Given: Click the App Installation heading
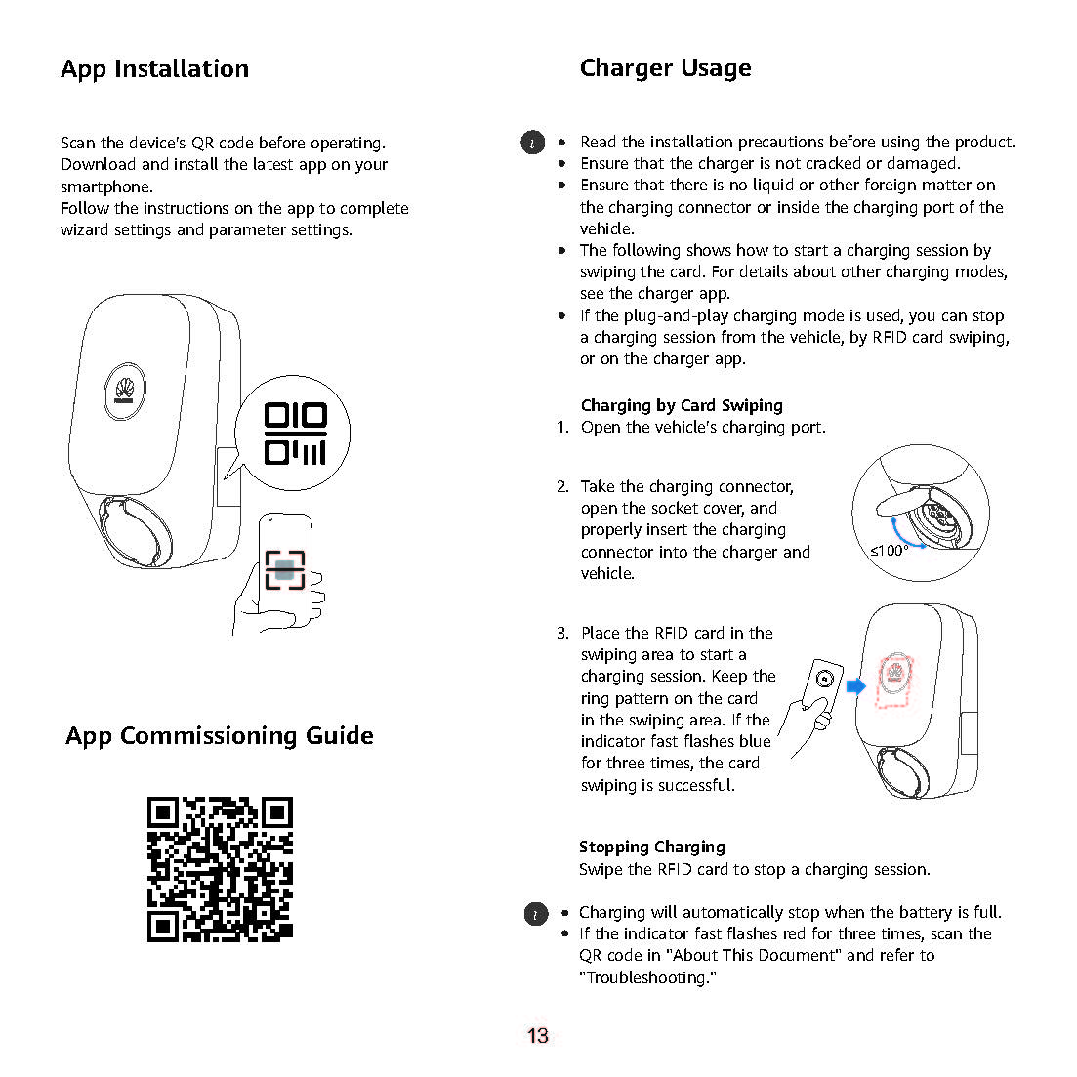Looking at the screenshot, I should (154, 69).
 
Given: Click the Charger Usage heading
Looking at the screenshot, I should (665, 68).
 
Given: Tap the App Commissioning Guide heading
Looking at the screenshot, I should (220, 736).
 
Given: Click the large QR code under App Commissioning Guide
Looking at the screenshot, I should (220, 869).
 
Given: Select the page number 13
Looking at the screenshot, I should (538, 1036).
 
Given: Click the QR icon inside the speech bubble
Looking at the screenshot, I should (295, 434).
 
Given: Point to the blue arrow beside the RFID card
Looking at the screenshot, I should (856, 686).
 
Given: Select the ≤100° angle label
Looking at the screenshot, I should (889, 551).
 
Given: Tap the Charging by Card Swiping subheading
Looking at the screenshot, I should (682, 405).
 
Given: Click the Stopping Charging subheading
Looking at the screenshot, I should (651, 847).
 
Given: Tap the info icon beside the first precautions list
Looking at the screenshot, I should (531, 143).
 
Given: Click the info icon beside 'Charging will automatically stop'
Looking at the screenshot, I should (536, 914).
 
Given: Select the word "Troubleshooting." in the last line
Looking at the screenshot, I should (647, 977).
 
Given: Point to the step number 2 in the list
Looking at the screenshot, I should (562, 486).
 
